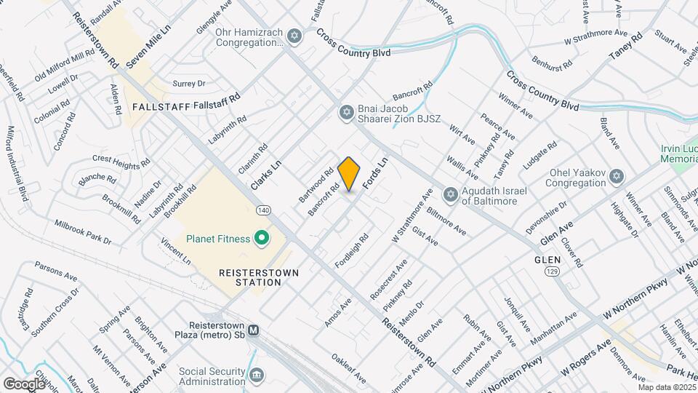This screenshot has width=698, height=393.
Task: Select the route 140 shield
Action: [x=264, y=210]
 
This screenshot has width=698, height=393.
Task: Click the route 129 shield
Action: [x=552, y=270]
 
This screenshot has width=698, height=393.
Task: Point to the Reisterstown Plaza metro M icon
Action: [x=253, y=330]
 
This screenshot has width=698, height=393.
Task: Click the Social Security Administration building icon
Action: [x=256, y=375]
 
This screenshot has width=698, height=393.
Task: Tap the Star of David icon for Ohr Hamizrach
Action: [x=294, y=36]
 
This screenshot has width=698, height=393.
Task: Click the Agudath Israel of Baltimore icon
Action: [x=450, y=195]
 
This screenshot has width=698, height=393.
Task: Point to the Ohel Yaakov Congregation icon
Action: [x=617, y=177]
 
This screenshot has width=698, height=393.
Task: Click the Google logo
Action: [x=23, y=383]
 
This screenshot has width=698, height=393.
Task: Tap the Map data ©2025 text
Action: [x=667, y=387]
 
